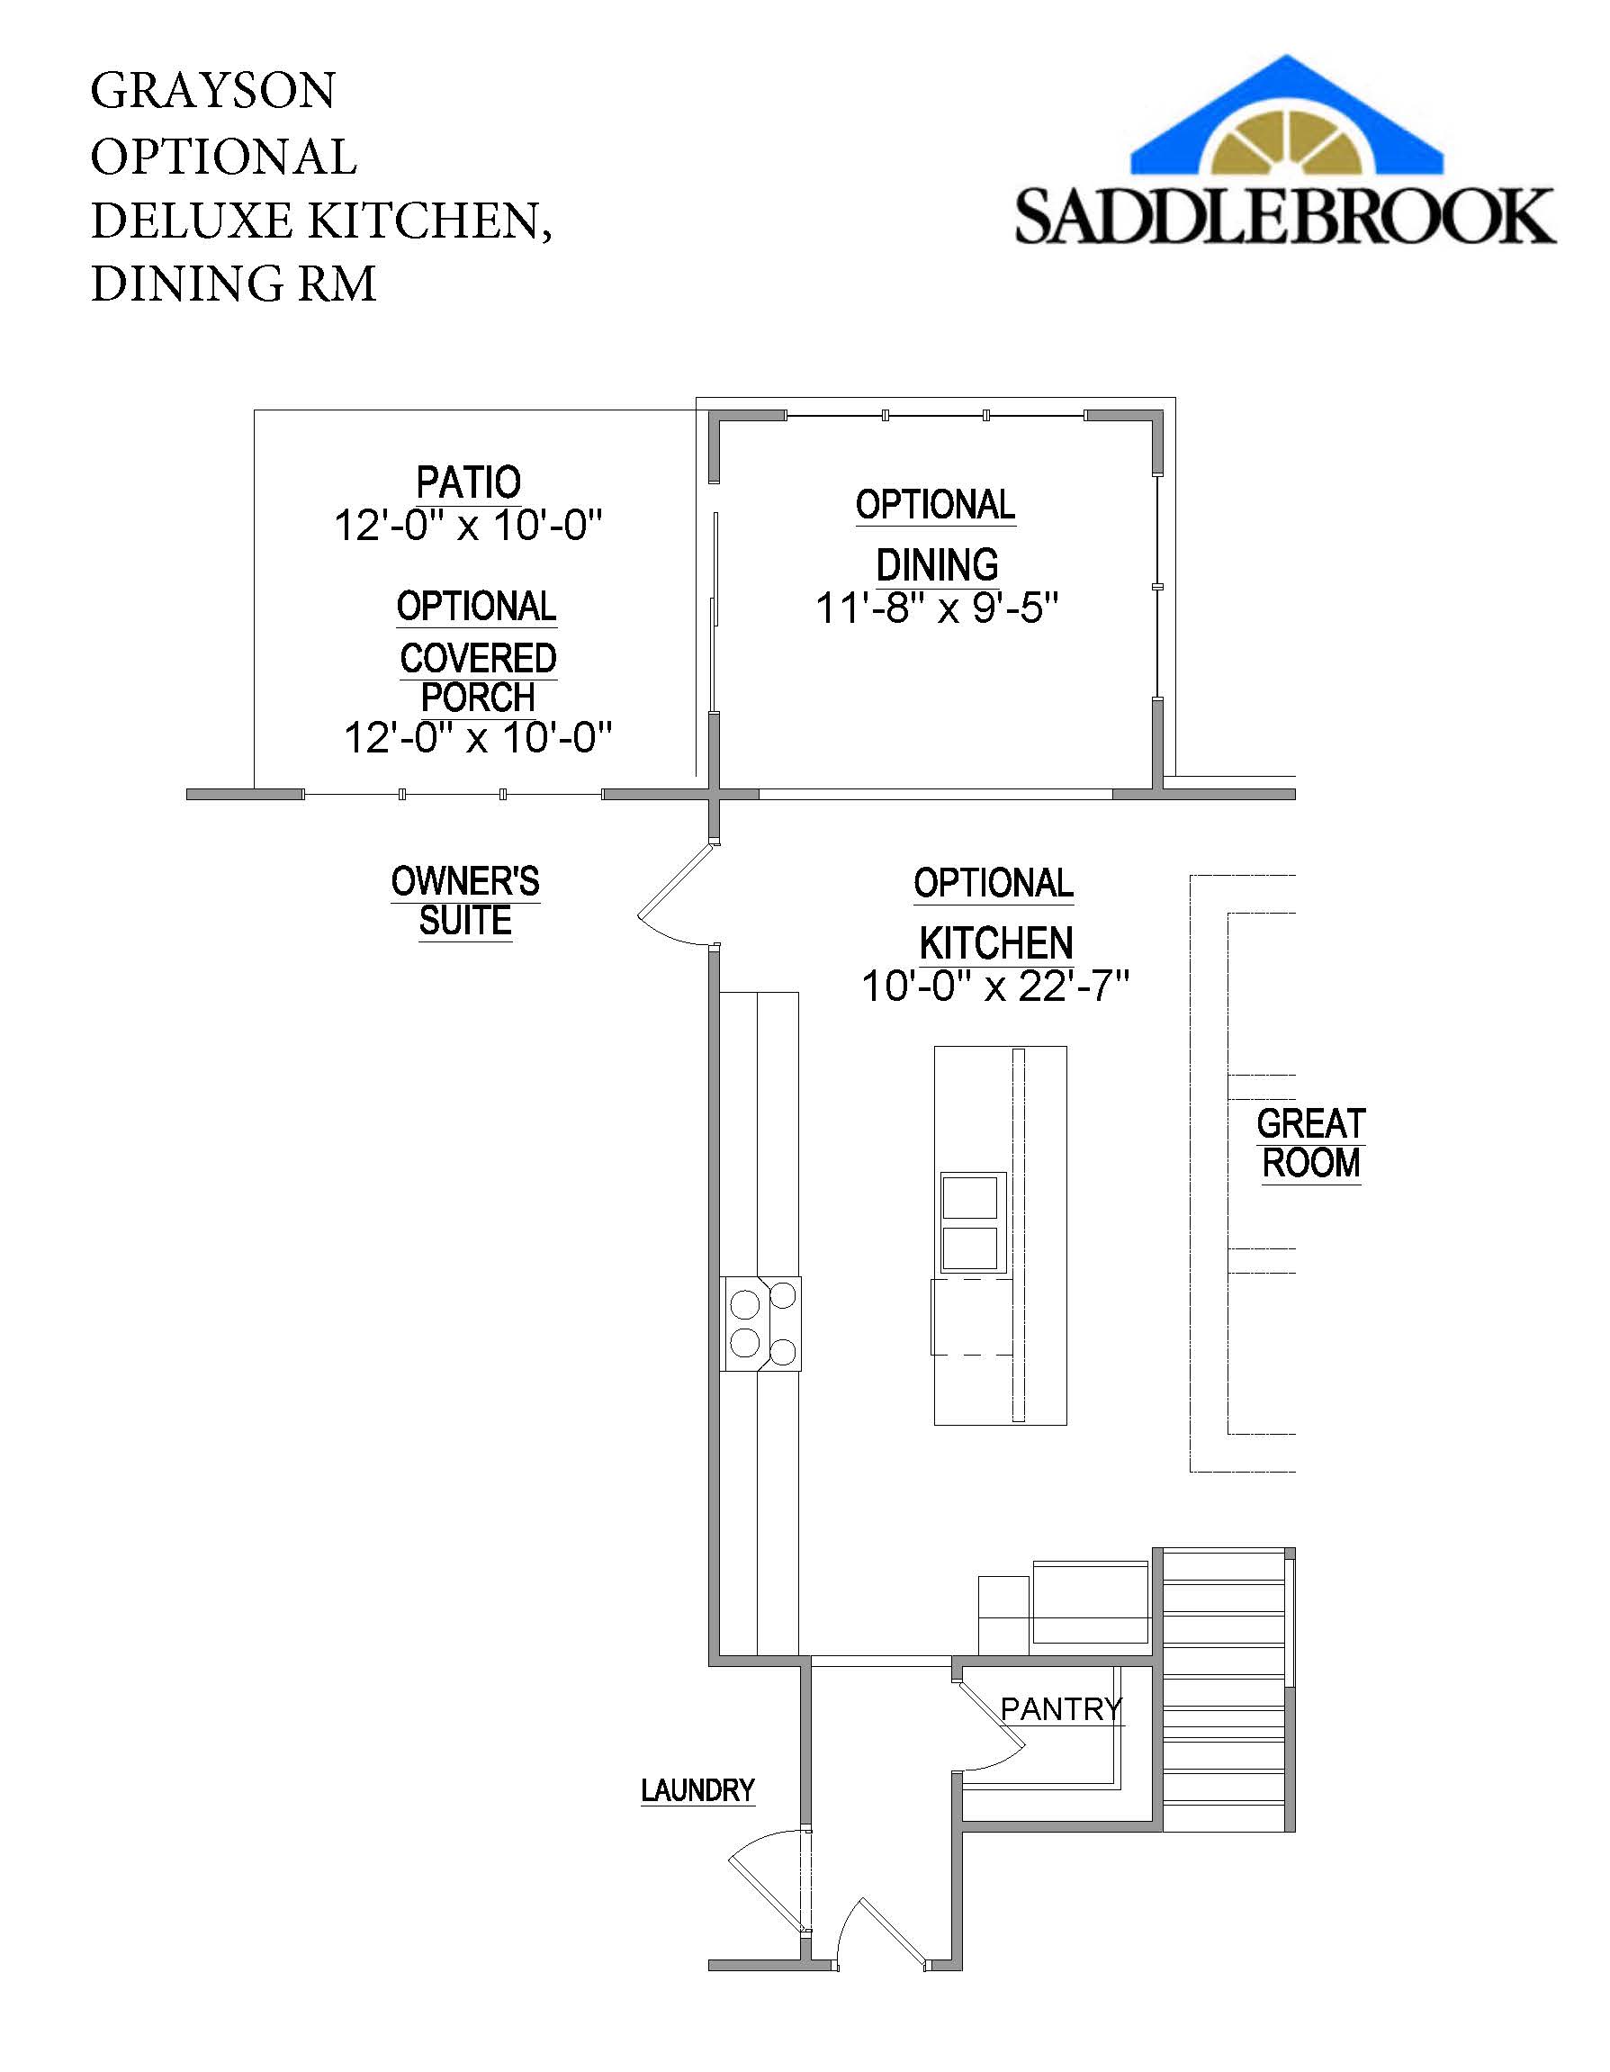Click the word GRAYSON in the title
pos(212,91)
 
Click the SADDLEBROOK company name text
pos(1284,217)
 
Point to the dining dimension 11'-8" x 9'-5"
pos(937,608)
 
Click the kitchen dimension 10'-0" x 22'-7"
pos(994,986)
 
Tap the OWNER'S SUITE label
pos(465,900)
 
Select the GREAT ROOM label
pos(1310,1143)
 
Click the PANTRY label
pos(1061,1708)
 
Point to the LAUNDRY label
pos(697,1790)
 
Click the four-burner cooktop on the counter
pos(762,1323)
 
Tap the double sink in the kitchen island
pos(968,1222)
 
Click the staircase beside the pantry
pos(1224,1689)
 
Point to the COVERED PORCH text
pos(477,678)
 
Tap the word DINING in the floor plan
pos(937,564)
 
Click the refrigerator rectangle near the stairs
pos(1089,1602)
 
